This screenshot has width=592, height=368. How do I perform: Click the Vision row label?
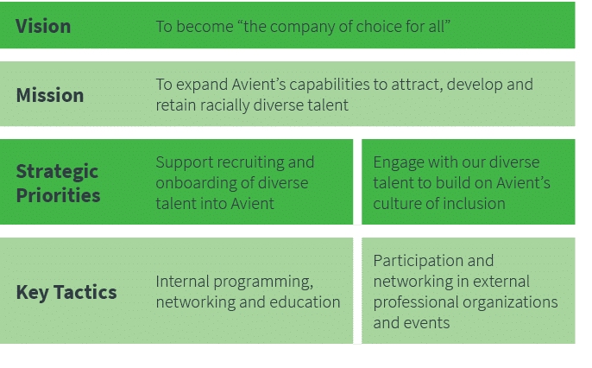pos(43,26)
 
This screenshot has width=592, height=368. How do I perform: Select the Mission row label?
pos(50,95)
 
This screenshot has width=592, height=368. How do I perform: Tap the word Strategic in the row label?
pos(57,171)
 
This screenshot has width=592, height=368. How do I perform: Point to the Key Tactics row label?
pos(66,292)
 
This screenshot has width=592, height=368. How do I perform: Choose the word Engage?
pos(398,162)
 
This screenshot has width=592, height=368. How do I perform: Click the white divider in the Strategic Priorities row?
pos(357,181)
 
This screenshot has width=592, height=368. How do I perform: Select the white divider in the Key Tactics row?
pos(357,291)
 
